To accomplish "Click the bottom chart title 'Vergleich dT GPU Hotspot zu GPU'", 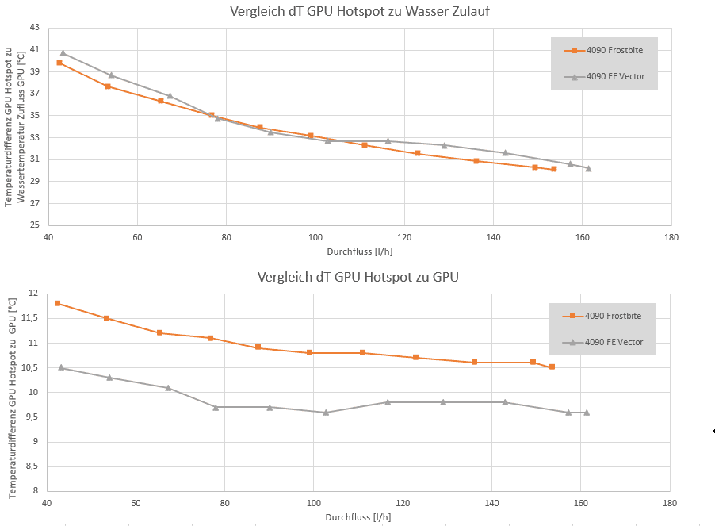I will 358,277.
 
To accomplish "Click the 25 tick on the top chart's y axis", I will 34,225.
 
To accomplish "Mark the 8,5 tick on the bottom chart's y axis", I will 32,466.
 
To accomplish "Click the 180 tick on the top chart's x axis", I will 671,237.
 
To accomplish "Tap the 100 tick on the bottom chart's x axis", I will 314,503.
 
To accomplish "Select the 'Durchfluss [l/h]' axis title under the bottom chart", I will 357,517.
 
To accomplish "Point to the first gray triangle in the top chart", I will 63,53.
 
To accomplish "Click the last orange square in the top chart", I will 554,169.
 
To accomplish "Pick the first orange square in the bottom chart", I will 58,303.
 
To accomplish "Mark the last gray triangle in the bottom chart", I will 587,412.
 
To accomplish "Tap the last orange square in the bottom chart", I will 552,367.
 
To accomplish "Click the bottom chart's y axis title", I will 12,398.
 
